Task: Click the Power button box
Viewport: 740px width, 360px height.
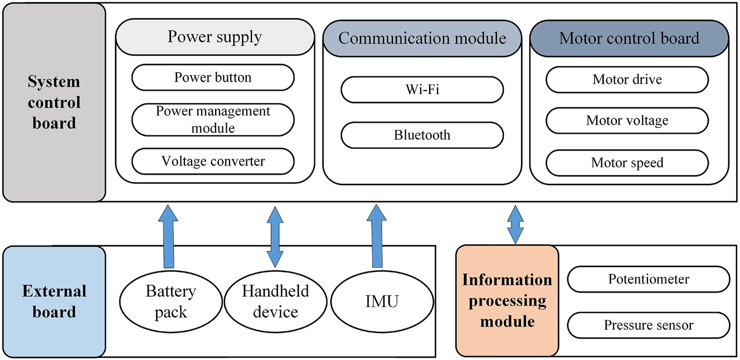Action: [x=213, y=77]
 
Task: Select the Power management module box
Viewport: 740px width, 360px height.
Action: [x=213, y=119]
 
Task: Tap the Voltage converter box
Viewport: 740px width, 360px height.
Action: [x=213, y=162]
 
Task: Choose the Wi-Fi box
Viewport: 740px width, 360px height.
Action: [x=422, y=90]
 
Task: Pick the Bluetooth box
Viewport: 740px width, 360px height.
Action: [x=422, y=135]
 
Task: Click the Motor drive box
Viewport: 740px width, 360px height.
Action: [x=627, y=80]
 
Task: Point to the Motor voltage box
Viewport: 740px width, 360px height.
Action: [x=627, y=121]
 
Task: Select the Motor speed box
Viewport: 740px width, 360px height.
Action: [x=627, y=163]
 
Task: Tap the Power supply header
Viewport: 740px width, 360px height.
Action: [x=215, y=37]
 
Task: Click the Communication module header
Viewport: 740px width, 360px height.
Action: [x=422, y=38]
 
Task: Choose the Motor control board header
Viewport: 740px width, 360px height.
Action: [x=629, y=38]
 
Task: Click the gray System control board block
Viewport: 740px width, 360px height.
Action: [x=54, y=102]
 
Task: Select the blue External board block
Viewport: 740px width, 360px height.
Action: [x=54, y=301]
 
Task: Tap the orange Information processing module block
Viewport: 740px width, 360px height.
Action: [x=507, y=301]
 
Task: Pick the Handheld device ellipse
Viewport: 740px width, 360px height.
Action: [x=275, y=301]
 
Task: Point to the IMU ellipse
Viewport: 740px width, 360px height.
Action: [x=382, y=301]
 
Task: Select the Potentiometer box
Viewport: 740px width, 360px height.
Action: [x=648, y=279]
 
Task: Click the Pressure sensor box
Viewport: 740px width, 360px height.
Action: [x=648, y=325]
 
